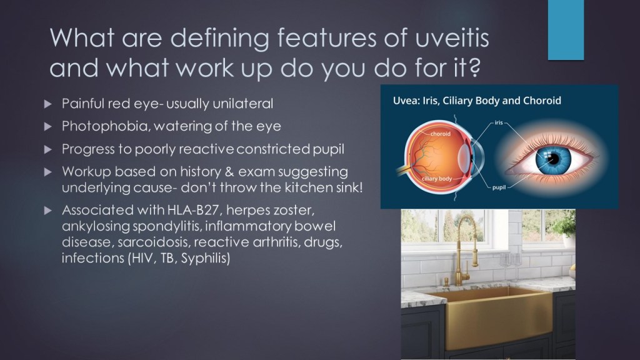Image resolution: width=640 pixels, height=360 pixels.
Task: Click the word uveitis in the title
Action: click(452, 37)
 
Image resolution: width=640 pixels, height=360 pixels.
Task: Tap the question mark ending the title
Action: click(474, 67)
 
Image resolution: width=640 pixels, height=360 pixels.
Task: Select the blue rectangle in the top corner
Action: click(566, 30)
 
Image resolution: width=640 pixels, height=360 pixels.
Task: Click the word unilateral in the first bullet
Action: click(243, 104)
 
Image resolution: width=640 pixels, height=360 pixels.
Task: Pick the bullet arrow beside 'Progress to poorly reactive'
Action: click(47, 149)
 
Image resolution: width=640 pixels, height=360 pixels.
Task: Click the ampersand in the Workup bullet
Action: click(229, 172)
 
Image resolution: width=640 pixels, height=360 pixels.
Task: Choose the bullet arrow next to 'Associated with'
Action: click(47, 211)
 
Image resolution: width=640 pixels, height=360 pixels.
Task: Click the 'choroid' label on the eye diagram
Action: click(441, 134)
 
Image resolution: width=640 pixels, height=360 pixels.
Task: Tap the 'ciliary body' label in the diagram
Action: click(437, 179)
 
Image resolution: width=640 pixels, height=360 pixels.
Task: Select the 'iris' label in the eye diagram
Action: click(499, 122)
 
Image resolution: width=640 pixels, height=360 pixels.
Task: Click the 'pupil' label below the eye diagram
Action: click(499, 187)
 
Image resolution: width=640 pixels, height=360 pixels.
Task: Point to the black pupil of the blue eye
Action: click(554, 159)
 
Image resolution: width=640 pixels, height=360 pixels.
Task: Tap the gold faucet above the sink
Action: click(464, 249)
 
